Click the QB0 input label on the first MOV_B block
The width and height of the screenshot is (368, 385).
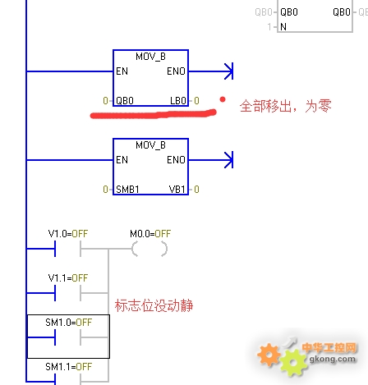coord(125,101)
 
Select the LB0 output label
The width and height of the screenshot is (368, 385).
coord(178,101)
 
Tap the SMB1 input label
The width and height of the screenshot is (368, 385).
coord(127,190)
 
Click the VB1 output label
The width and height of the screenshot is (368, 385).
coord(177,190)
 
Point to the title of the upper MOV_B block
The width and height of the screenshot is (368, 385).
coord(150,57)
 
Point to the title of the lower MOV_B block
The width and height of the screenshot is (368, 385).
coord(150,145)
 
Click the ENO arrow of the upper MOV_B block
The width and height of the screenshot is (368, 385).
coord(211,71)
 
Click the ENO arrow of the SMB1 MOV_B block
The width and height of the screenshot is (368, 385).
coord(211,160)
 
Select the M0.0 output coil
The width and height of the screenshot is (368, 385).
coord(149,249)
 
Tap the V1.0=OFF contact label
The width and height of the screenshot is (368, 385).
coord(68,234)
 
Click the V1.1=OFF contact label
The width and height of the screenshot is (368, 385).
coord(68,278)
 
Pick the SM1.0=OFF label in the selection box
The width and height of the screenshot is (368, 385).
coord(69,323)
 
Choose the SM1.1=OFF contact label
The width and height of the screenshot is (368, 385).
coord(69,367)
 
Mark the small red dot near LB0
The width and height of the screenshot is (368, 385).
coord(223,99)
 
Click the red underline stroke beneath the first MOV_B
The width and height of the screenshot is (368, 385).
coord(154,114)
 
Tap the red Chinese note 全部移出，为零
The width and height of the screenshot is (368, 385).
coord(286,106)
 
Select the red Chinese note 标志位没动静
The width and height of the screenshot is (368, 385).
coord(154,305)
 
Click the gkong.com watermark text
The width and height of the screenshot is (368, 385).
coord(333,359)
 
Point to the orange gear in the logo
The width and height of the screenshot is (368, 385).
coord(269,355)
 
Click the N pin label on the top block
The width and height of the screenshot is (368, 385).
coord(283,27)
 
